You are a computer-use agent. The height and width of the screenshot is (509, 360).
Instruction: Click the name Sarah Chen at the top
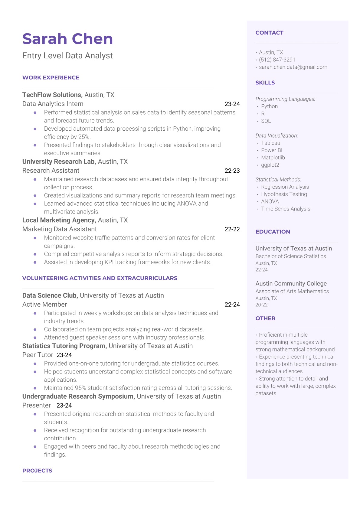tap(67, 39)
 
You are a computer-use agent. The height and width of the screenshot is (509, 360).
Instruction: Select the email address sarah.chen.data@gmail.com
tap(293, 67)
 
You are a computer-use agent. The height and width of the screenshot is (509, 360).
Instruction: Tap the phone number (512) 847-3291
tap(277, 60)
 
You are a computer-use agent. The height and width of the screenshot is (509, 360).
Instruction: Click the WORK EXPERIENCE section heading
tap(51, 78)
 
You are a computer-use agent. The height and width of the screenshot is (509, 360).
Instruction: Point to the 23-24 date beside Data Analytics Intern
tap(232, 104)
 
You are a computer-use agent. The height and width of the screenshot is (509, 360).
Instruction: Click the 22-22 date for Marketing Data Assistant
tap(232, 229)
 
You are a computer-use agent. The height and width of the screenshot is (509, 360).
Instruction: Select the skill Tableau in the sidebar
tap(270, 143)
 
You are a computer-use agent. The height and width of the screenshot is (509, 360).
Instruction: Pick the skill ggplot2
tap(270, 165)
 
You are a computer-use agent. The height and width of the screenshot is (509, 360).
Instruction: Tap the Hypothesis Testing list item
tap(284, 194)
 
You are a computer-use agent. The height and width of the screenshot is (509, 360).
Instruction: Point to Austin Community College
tap(291, 284)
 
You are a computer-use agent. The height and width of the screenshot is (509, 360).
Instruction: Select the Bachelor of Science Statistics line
tap(290, 256)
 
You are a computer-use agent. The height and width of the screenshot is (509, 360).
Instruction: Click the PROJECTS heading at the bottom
tap(37, 471)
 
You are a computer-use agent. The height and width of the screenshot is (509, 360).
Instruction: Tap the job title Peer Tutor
tap(38, 355)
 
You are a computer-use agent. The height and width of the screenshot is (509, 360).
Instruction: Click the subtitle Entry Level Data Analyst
tap(67, 56)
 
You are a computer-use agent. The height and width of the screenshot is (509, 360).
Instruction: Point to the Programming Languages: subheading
tap(285, 99)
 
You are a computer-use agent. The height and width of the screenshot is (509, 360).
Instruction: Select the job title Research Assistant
tap(51, 171)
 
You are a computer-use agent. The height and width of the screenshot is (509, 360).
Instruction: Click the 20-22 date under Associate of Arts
tap(261, 305)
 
